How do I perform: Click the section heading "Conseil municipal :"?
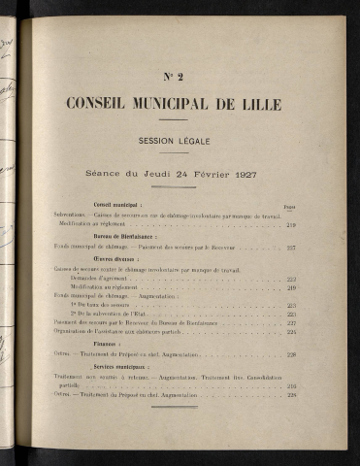[x=115, y=205]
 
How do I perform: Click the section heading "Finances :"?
[x=102, y=343]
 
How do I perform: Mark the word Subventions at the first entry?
[x=72, y=215]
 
